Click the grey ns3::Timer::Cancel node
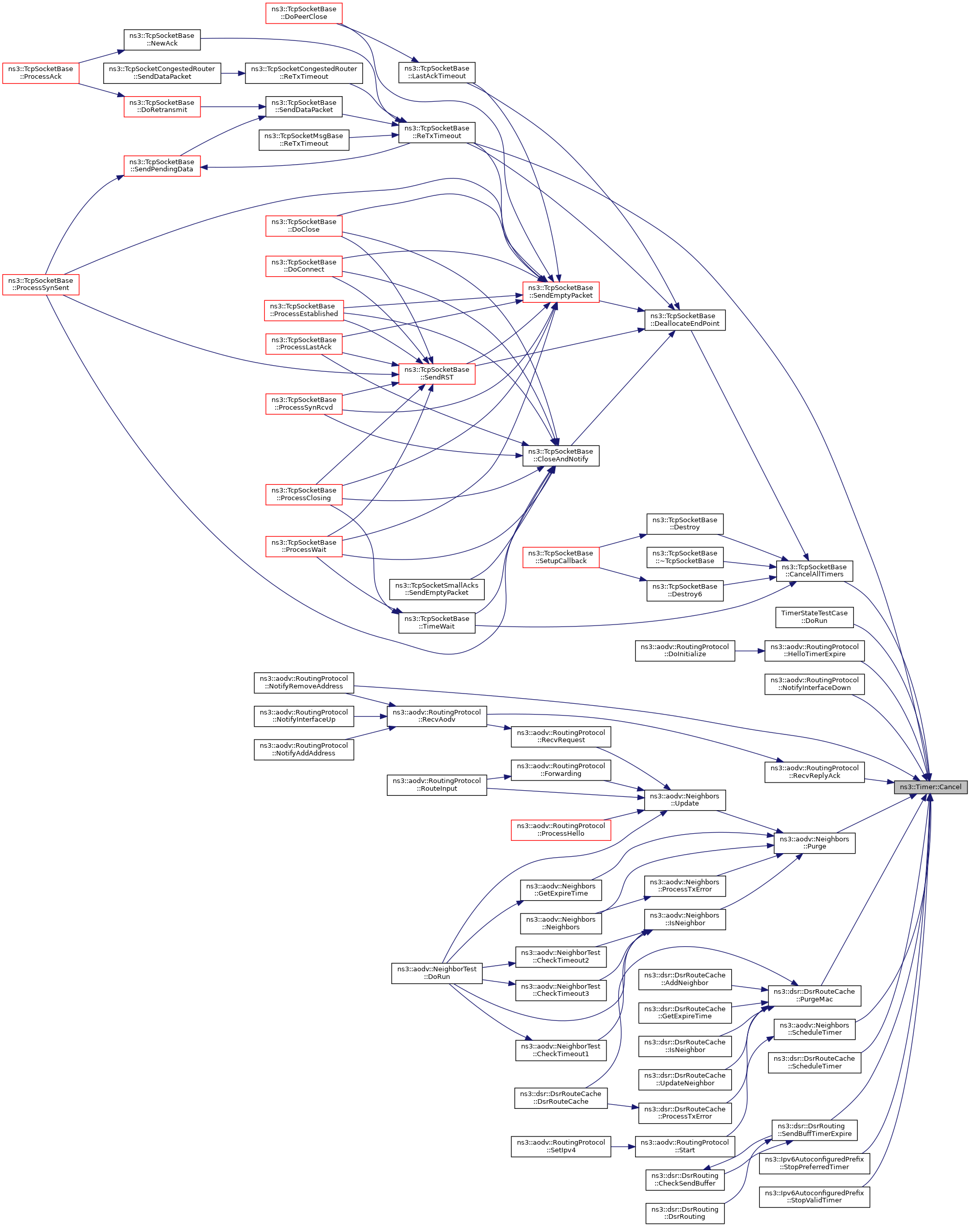click(930, 787)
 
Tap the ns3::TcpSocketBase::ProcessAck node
click(40, 73)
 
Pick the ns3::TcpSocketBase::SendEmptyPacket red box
click(560, 292)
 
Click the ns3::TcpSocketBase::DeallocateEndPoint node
click(684, 320)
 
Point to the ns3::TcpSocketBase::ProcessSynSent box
click(40, 284)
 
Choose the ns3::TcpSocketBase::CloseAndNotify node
click(560, 455)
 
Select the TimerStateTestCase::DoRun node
click(814, 617)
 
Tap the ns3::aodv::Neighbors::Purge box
click(814, 842)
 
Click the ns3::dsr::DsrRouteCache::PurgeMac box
click(814, 995)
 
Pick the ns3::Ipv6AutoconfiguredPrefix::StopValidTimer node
click(814, 1196)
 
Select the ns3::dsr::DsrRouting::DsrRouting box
click(684, 1213)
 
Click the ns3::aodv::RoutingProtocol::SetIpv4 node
click(560, 1146)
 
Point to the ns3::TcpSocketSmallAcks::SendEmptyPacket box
click(436, 589)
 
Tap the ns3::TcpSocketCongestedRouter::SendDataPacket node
click(162, 73)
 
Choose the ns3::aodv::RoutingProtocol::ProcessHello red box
click(560, 830)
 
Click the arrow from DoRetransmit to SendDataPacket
click(233, 106)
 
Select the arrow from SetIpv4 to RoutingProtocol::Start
click(623, 1146)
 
